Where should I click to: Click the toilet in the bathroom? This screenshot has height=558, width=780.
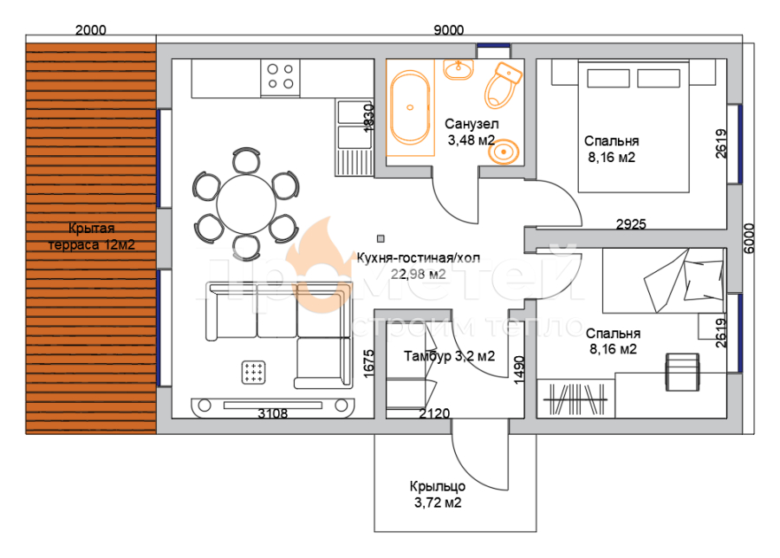click(x=503, y=85)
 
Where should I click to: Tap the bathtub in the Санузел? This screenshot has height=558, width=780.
click(x=410, y=107)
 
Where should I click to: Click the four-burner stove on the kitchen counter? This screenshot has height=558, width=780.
click(x=280, y=76)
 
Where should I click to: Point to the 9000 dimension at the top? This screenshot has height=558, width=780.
click(x=449, y=30)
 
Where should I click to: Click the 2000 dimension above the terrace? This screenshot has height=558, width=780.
click(x=90, y=30)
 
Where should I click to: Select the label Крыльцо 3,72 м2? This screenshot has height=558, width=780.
click(x=438, y=495)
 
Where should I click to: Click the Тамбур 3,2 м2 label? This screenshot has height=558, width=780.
click(x=449, y=356)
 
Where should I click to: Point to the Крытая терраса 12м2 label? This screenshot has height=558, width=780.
click(x=92, y=237)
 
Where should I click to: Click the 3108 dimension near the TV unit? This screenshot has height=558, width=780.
click(x=273, y=413)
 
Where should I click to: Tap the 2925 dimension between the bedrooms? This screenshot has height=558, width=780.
click(x=631, y=224)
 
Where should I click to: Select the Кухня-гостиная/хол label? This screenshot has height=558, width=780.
click(x=419, y=257)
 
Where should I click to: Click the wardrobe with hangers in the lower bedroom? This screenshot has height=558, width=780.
click(x=576, y=399)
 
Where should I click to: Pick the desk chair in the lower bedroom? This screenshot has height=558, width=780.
click(x=683, y=372)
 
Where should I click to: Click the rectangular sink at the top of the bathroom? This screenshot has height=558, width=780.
click(x=458, y=69)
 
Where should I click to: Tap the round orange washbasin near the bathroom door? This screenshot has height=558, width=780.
click(x=504, y=151)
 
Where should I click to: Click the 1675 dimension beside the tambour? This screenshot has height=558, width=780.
click(x=368, y=363)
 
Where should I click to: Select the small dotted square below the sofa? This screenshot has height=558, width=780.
click(x=253, y=373)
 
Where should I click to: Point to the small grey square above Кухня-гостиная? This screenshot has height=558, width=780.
click(x=380, y=239)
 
